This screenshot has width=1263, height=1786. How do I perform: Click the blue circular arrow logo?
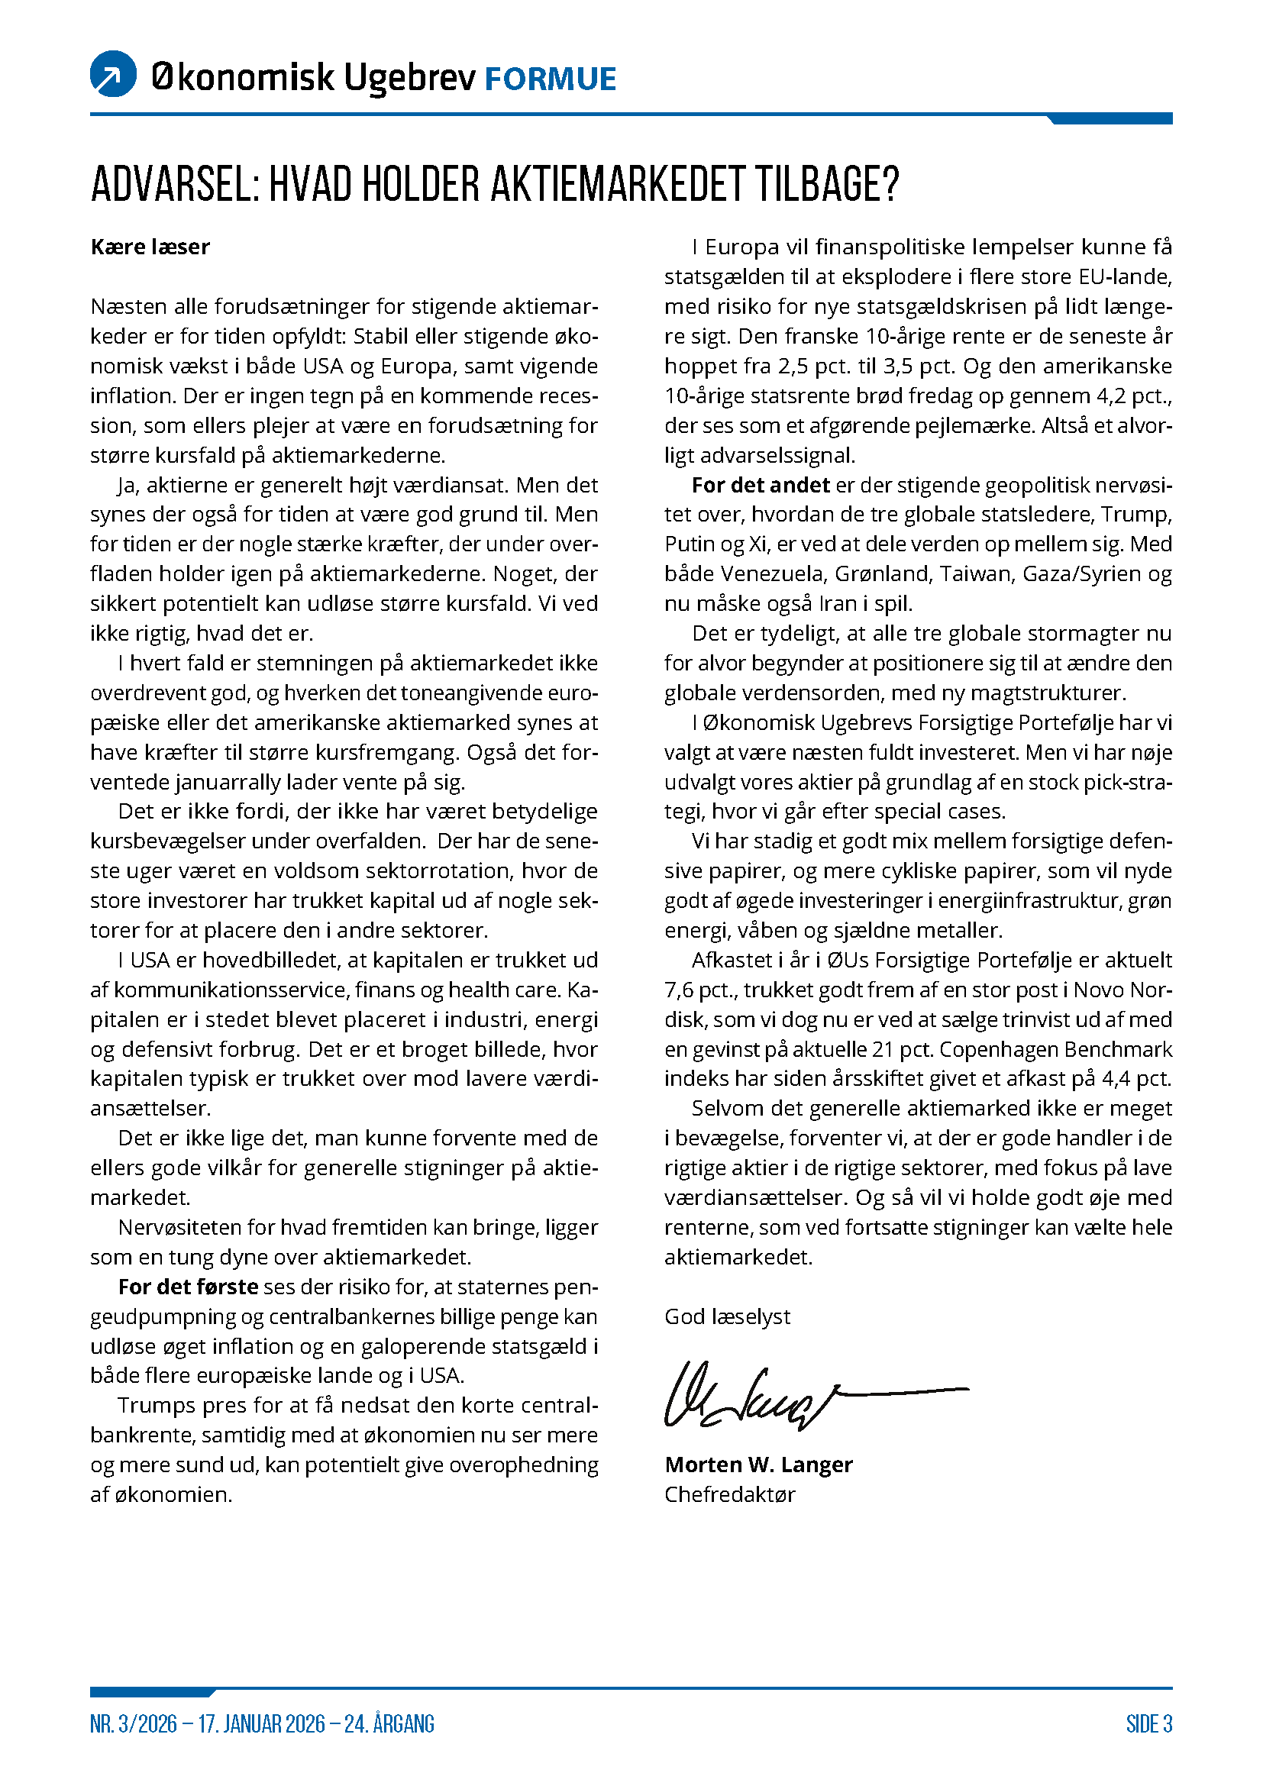114,74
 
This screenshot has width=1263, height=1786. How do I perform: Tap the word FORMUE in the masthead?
550,79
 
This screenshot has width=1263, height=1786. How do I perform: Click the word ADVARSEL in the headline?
174,184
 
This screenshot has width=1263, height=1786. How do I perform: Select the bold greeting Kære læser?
150,247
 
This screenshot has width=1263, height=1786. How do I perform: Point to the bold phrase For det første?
188,1287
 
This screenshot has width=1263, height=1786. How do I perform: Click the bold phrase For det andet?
761,486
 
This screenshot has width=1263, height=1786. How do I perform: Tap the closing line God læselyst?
726,1317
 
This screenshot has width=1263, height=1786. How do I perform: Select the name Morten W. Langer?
758,1465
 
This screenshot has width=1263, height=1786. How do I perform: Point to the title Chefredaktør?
729,1494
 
